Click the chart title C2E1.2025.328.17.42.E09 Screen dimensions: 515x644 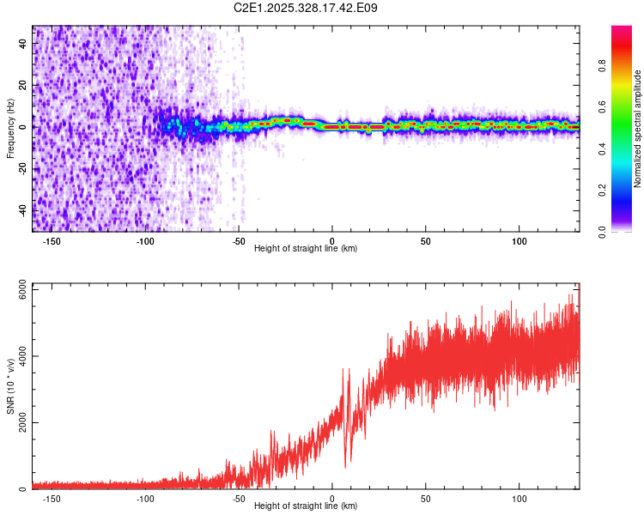pos(307,8)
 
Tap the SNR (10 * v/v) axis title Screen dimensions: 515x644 pos(10,388)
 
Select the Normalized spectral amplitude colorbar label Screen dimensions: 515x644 pos(637,129)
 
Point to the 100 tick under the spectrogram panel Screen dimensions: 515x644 pos(519,241)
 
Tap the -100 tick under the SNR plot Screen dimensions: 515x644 pos(145,499)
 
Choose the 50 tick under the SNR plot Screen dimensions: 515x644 pos(425,499)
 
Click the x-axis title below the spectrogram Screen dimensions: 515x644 pos(307,249)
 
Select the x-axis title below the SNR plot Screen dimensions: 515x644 pos(307,506)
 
